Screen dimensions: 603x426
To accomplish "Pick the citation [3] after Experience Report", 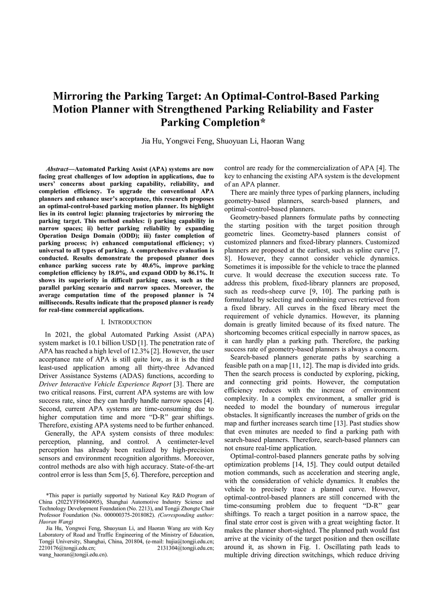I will point(178,384).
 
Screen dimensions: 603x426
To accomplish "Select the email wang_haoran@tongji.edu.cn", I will point(73,555).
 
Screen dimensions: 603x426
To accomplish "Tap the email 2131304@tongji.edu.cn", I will point(186,548).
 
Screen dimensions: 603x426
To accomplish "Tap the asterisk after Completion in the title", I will point(263,122).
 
